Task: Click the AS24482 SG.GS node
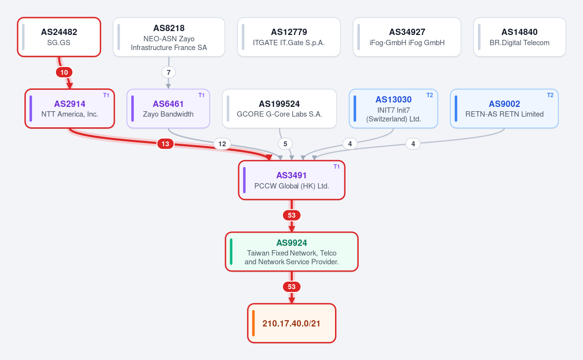[59, 37]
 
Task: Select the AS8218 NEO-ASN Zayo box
[169, 37]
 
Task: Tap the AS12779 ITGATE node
[289, 37]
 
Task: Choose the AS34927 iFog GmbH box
[407, 37]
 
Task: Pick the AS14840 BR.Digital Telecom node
[519, 37]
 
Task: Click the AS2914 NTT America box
[70, 108]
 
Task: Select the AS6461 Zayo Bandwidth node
[168, 108]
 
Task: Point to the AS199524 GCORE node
[279, 108]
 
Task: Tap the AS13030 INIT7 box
[393, 108]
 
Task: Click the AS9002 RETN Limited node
[504, 108]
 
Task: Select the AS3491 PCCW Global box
[292, 180]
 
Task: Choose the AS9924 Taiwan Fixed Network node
[292, 252]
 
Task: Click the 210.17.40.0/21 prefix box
[292, 323]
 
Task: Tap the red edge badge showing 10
[64, 72]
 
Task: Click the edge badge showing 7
[168, 72]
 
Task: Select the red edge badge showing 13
[165, 144]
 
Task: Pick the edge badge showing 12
[222, 144]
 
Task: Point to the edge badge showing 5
[285, 144]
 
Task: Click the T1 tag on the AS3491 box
[336, 167]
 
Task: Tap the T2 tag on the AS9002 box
[550, 95]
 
